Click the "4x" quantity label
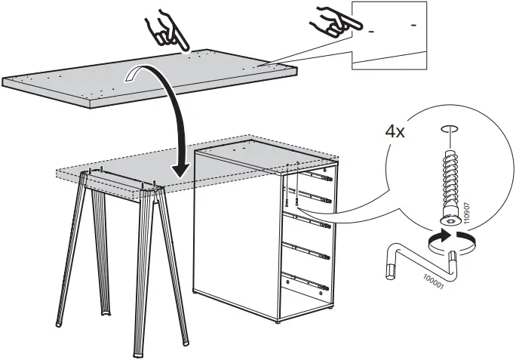(395, 132)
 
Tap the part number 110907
(467, 213)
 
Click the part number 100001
(434, 282)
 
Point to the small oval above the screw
(449, 129)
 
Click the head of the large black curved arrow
(180, 170)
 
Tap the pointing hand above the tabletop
(167, 30)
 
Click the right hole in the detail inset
(413, 25)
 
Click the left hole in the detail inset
(371, 32)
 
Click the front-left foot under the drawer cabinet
(278, 322)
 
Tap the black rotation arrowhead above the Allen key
(444, 235)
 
